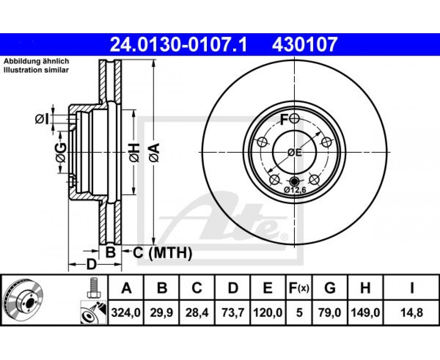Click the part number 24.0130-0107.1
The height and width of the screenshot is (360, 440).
(178, 45)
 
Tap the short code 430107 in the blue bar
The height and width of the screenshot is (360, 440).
(304, 45)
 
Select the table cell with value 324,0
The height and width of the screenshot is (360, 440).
(126, 312)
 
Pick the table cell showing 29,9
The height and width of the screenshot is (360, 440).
(161, 312)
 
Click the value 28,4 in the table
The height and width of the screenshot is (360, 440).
(197, 312)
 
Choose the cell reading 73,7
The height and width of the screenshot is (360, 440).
(232, 312)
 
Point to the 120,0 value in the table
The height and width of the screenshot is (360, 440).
(268, 312)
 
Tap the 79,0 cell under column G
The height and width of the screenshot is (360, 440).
(330, 312)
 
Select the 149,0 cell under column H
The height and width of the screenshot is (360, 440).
(365, 312)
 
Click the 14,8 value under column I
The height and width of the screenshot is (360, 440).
(412, 312)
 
